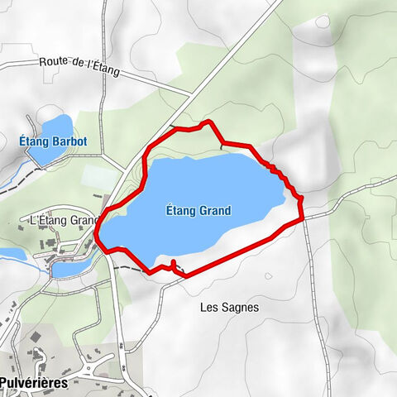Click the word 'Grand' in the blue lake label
pos(214,211)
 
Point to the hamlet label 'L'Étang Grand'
pos(63,220)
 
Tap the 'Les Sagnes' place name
pos(230,307)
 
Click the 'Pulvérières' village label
pos(33,383)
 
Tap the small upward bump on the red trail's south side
pos(174,264)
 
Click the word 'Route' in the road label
pos(54,63)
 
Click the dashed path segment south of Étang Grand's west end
pos(128,268)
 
